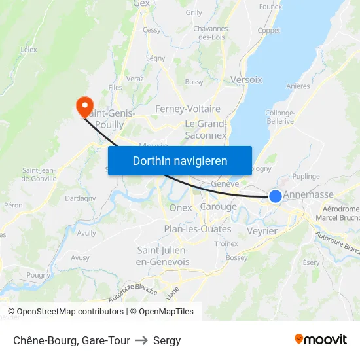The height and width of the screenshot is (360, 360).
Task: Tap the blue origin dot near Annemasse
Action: (x=276, y=196)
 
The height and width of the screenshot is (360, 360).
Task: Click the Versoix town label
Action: (x=246, y=80)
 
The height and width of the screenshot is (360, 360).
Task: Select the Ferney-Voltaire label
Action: (x=188, y=109)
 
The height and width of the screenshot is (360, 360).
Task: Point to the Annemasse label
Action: (x=308, y=194)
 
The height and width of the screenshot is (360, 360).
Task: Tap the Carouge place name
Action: (x=218, y=207)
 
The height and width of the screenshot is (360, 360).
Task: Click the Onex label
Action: (x=181, y=208)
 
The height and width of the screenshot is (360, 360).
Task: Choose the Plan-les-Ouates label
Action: (x=197, y=229)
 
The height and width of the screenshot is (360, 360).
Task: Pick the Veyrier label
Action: (x=262, y=231)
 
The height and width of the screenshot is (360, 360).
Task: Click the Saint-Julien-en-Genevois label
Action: (x=162, y=256)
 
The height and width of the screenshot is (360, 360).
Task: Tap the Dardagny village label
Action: (x=80, y=198)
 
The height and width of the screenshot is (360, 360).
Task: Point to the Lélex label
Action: (x=29, y=49)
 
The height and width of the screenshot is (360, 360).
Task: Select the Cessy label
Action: (x=152, y=30)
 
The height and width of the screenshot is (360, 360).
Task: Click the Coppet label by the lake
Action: (x=268, y=31)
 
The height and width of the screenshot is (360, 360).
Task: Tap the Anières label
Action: (x=298, y=86)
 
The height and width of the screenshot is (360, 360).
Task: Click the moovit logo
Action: (x=321, y=339)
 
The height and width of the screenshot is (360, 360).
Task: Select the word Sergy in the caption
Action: (x=167, y=340)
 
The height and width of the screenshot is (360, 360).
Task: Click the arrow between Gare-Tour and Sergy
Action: (x=141, y=340)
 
